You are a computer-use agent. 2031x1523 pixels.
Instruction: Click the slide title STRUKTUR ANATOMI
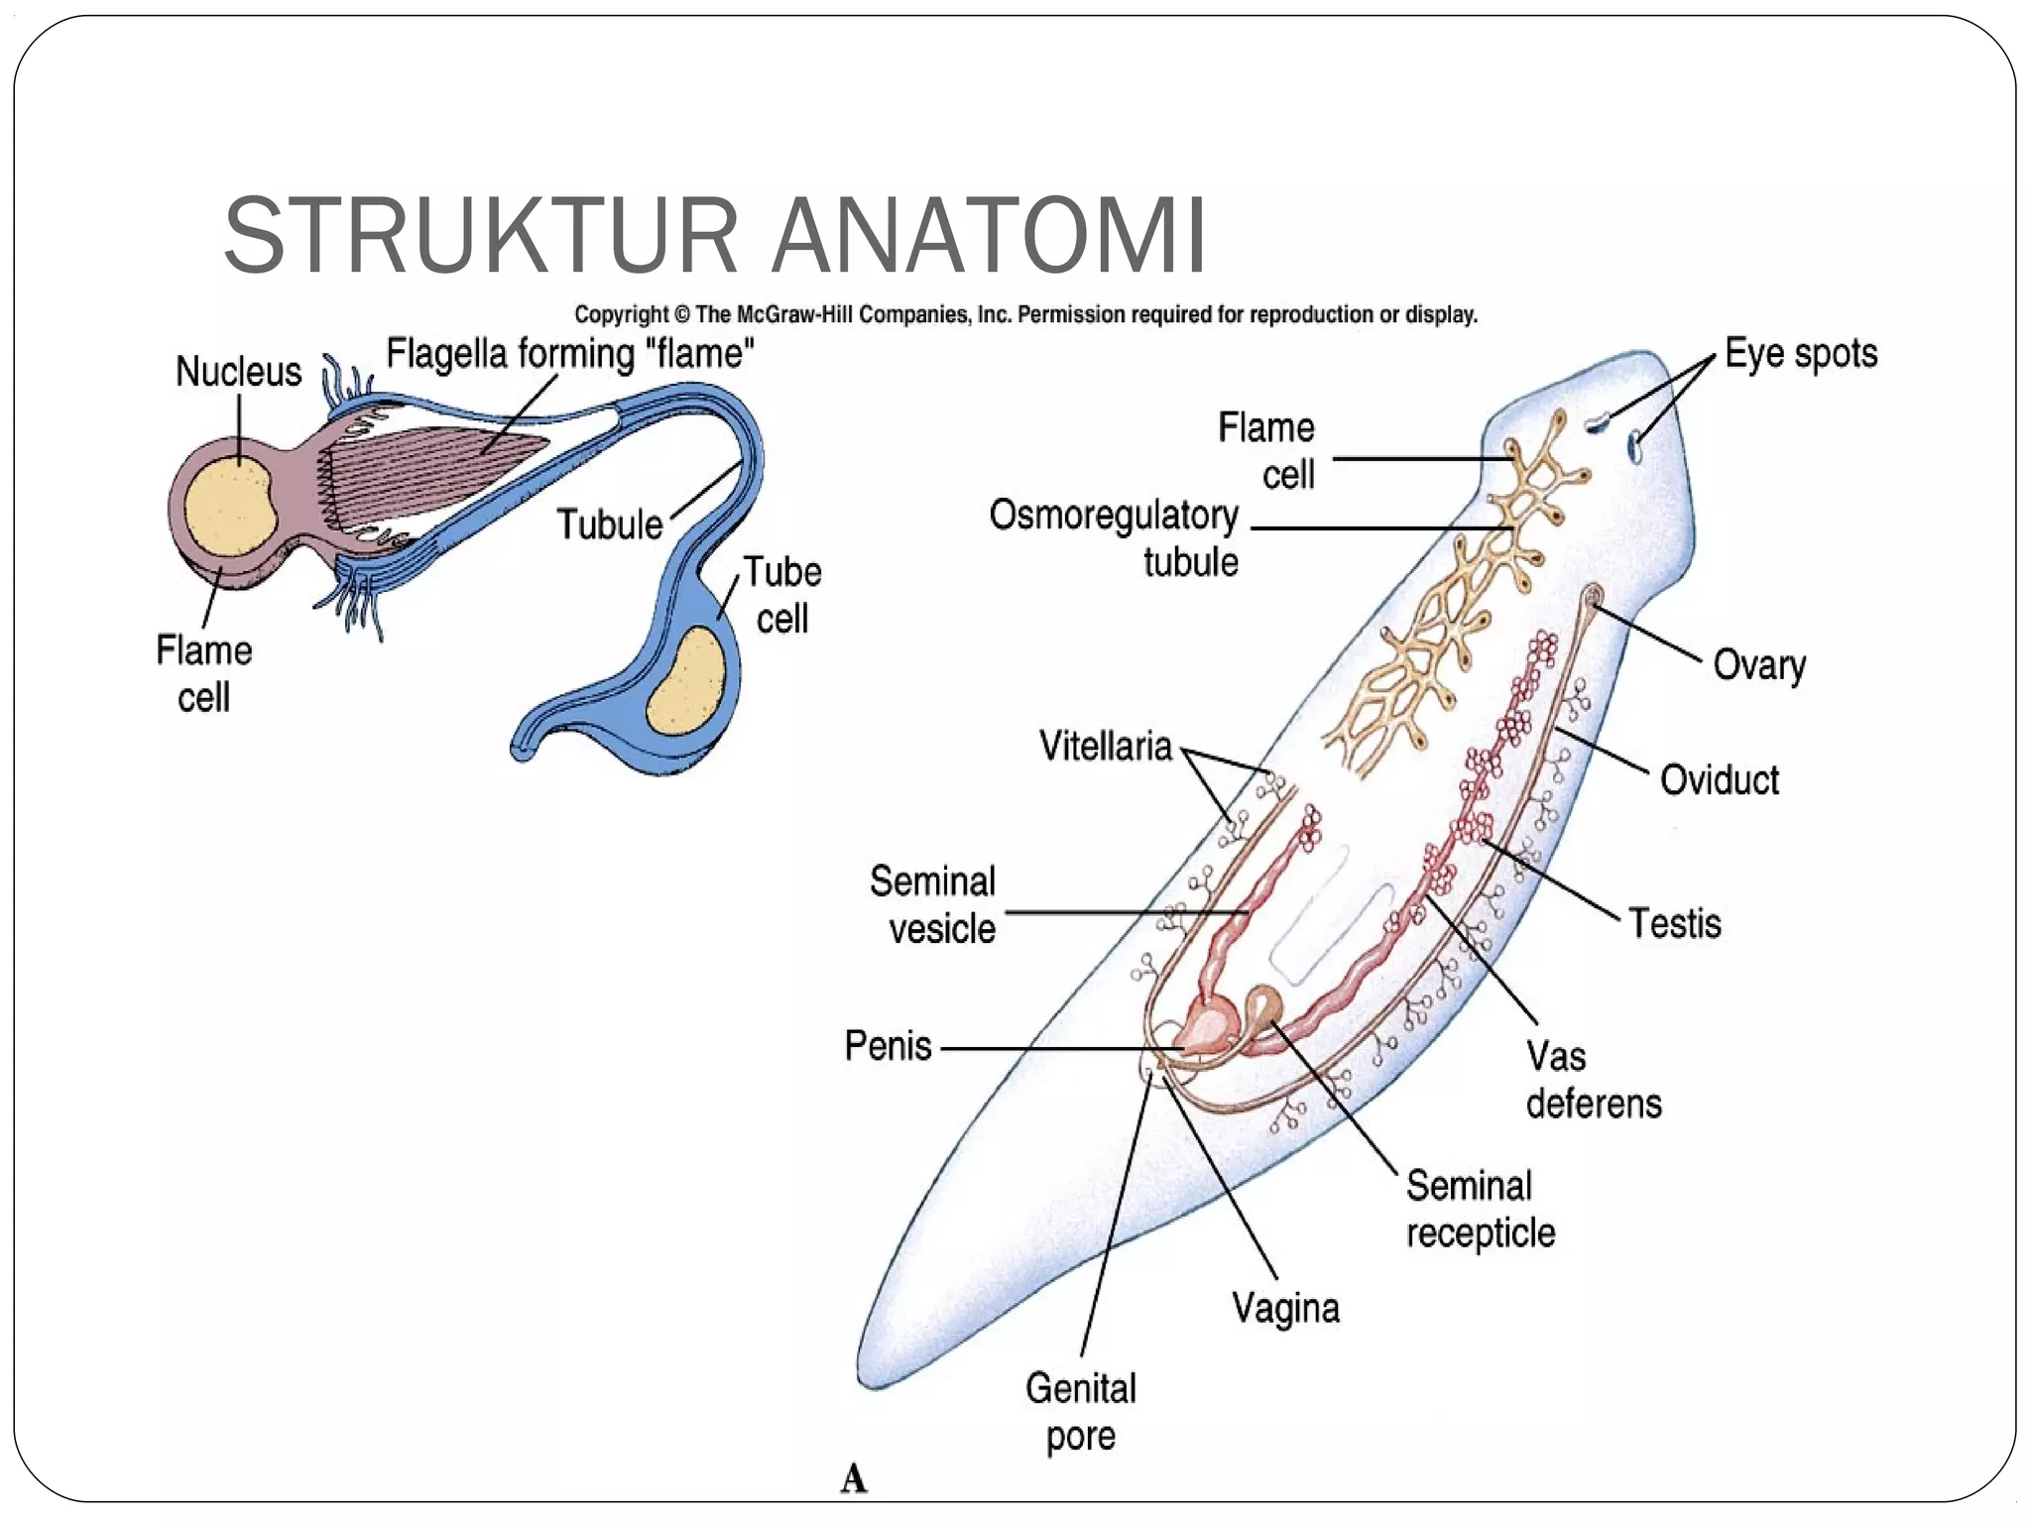pos(714,236)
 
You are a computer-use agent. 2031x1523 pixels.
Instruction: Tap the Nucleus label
pos(238,372)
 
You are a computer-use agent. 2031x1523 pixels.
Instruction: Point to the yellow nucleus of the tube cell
pos(686,681)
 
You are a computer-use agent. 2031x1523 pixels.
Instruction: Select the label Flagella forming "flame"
pos(569,354)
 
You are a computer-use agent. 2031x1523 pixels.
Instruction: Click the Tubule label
pos(609,525)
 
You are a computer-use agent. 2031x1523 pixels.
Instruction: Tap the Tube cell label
pos(782,595)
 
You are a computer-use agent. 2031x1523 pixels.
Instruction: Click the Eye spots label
pos(1800,354)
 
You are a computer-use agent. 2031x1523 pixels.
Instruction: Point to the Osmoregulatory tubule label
pos(1114,538)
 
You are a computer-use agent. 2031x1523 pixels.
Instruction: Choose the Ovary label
pos(1758,664)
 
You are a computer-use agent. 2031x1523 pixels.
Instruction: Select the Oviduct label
pos(1719,780)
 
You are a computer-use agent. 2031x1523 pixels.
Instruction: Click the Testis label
pos(1674,923)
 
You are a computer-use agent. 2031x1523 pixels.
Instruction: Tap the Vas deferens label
pos(1593,1080)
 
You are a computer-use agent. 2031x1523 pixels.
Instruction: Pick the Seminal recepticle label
pos(1480,1210)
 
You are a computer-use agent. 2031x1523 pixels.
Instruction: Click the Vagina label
pos(1285,1309)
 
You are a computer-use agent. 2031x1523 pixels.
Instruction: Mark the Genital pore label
pos(1081,1412)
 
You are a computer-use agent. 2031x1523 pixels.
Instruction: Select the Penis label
pos(888,1046)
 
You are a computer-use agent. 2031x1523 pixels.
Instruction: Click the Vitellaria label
pos(1105,747)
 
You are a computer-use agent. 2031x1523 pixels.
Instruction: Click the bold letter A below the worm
pos(854,1478)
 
